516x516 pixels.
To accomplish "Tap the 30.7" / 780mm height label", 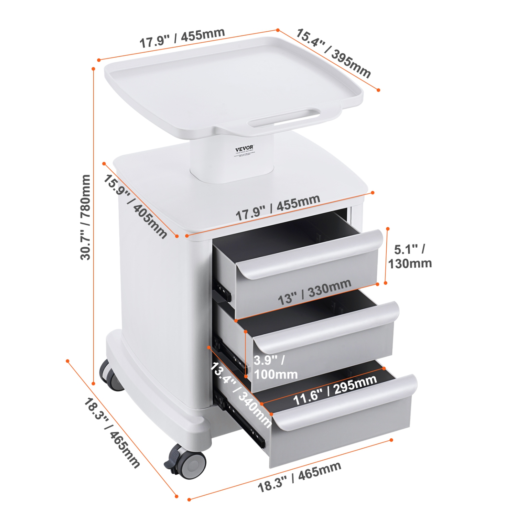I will (x=85, y=217).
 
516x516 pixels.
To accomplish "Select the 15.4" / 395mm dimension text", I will (x=333, y=53).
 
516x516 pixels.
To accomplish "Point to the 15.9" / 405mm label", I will (x=135, y=206).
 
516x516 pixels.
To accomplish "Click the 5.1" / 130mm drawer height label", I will (x=410, y=256).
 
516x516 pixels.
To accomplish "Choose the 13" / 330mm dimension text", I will (x=314, y=292).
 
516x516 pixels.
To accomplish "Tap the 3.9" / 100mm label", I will (x=276, y=367).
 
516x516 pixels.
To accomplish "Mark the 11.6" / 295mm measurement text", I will (x=335, y=390).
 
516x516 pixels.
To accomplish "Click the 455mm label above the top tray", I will (x=182, y=38).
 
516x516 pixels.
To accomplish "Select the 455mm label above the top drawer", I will (x=278, y=207).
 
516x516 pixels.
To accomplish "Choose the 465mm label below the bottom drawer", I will (x=299, y=476).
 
